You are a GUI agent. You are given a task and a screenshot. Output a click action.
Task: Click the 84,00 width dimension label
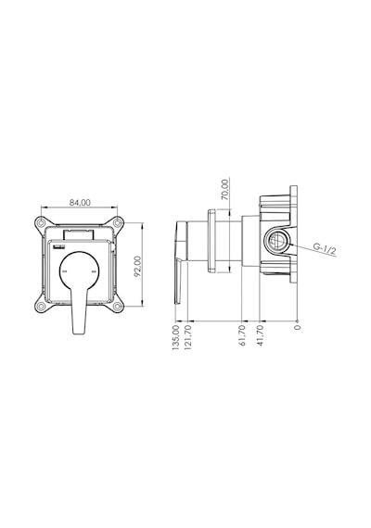click(80, 202)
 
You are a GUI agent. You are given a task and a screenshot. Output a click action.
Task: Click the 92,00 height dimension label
click(137, 266)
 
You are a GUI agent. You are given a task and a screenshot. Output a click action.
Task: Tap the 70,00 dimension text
click(225, 190)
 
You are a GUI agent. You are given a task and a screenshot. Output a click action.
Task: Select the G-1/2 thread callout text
click(325, 248)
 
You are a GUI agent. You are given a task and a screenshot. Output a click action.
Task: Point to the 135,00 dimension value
click(176, 338)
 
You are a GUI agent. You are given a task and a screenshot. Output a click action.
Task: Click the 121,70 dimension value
click(188, 337)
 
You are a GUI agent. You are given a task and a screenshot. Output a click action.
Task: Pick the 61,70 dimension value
click(242, 335)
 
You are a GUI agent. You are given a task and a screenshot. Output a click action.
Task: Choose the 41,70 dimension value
click(260, 335)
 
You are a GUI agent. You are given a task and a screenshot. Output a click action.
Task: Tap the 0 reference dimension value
click(297, 327)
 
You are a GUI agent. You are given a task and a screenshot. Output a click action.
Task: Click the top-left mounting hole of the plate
click(41, 222)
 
